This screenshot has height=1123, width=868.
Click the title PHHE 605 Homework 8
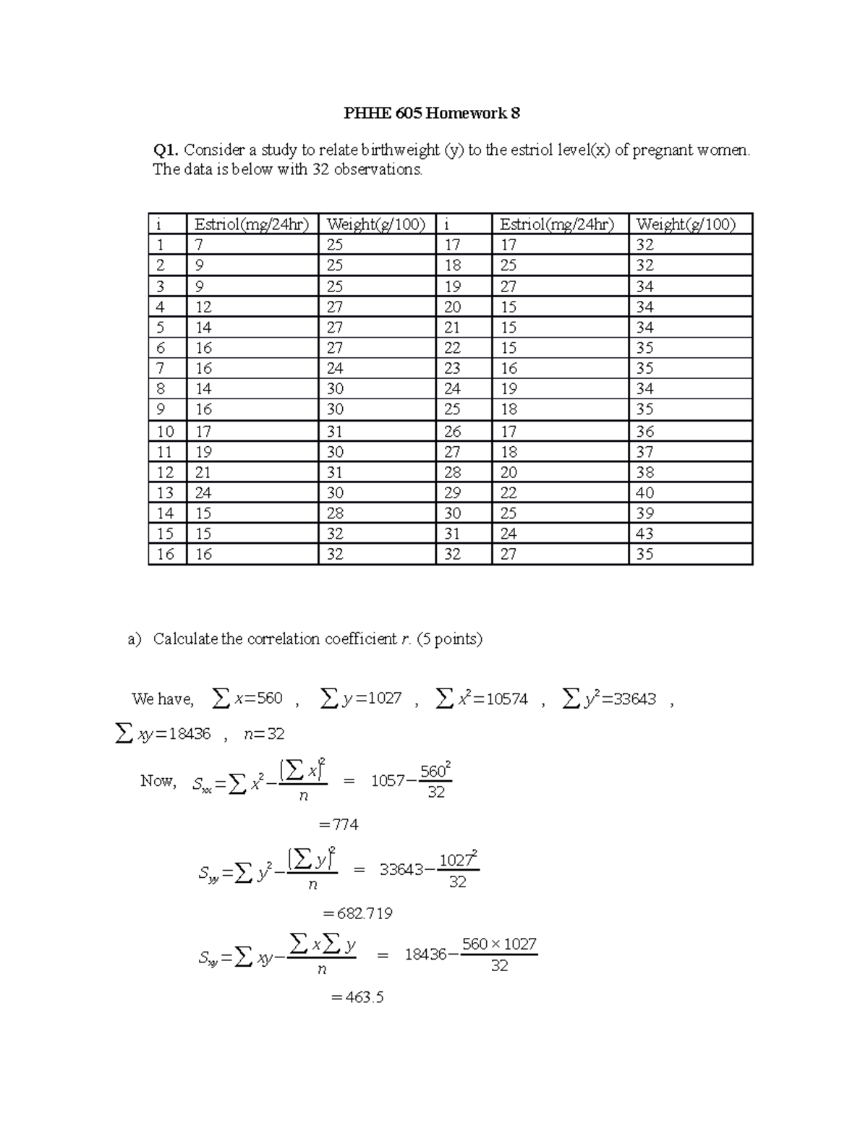432,114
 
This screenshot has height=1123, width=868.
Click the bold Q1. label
165,150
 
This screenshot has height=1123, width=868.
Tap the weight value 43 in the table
644,534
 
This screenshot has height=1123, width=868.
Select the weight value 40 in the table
644,493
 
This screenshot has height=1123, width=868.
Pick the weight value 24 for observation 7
334,369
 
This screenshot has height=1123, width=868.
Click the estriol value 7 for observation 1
200,245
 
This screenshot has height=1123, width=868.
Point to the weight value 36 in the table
644,432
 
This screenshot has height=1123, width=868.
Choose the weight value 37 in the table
644,452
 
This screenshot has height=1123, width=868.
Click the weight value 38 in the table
644,473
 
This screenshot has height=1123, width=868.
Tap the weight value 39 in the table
644,513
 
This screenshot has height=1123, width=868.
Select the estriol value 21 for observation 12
203,473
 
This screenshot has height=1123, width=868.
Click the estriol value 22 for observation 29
509,493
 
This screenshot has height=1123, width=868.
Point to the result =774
339,824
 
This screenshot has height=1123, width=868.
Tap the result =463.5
357,998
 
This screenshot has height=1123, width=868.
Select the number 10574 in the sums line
507,699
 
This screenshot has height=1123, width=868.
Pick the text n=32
264,734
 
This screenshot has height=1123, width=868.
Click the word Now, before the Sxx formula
158,781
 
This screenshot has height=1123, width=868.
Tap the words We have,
163,699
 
